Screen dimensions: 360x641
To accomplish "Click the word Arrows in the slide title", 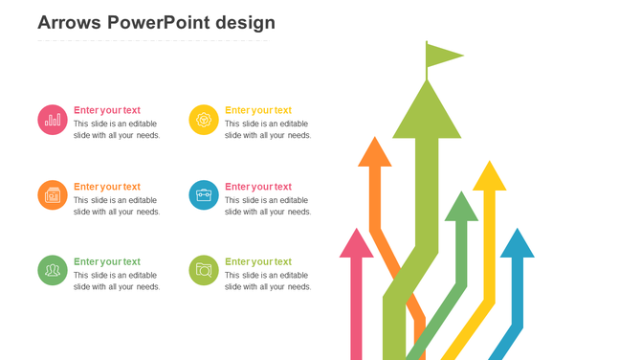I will (69, 23).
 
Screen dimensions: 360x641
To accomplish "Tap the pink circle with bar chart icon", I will (53, 120).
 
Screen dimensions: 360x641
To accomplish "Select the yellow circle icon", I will (204, 120).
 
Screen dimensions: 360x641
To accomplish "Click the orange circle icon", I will (53, 195).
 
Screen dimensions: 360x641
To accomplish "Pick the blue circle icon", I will (204, 195).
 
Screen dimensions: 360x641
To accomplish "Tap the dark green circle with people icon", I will (53, 270).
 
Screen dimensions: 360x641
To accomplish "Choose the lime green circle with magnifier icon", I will (204, 270).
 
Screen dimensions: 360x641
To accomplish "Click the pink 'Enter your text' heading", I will (107, 110).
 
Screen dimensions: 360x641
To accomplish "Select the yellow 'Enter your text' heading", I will (258, 110).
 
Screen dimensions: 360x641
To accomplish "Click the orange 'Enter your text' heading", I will (107, 187).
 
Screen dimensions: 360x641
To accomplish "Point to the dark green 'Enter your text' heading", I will (107, 261).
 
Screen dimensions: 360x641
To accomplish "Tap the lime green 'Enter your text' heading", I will (258, 261).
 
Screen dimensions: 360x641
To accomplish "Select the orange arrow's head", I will (375, 153).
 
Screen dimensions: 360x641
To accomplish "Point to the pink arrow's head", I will (356, 245).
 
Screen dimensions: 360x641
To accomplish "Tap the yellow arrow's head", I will (489, 177).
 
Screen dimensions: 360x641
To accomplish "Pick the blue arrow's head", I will (517, 245).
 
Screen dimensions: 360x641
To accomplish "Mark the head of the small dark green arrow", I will (461, 208).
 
